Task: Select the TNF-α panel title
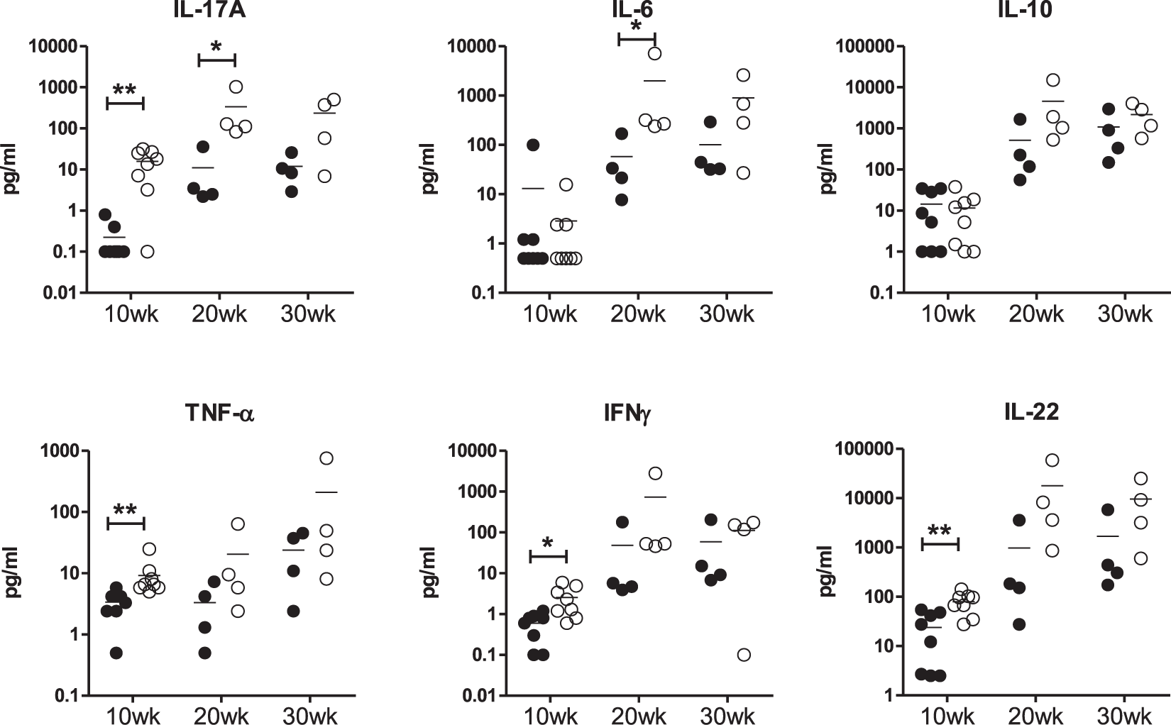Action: coord(219,412)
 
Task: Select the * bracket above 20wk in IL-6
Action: coord(637,38)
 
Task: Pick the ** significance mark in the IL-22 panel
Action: coord(940,531)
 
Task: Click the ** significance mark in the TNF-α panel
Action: coord(125,510)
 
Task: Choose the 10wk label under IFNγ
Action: coord(549,715)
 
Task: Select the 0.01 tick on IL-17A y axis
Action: coord(57,292)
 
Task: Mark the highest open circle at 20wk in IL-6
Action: coord(654,53)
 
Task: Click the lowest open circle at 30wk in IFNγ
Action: coord(744,654)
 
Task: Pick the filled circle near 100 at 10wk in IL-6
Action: coord(534,145)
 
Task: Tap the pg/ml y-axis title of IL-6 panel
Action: coord(432,169)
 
